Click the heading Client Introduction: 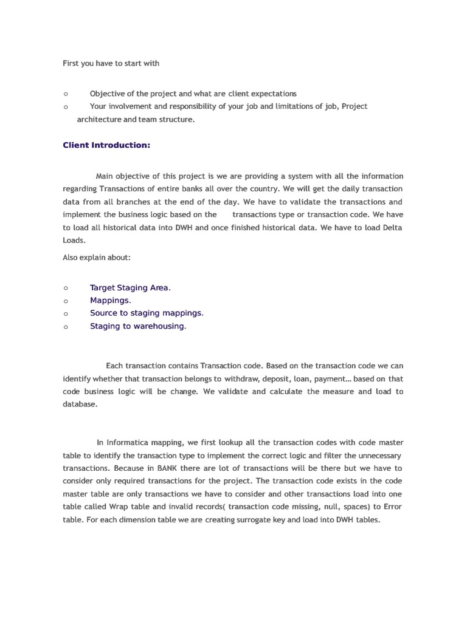pyautogui.click(x=106, y=145)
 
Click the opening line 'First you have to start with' pyautogui.click(x=111, y=63)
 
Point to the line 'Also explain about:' pyautogui.click(x=97, y=258)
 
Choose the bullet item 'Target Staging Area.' pyautogui.click(x=130, y=288)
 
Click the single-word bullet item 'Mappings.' pyautogui.click(x=110, y=301)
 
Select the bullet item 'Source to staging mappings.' pyautogui.click(x=147, y=313)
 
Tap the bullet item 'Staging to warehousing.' pyautogui.click(x=138, y=326)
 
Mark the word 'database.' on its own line pyautogui.click(x=80, y=405)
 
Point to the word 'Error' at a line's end pyautogui.click(x=390, y=507)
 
